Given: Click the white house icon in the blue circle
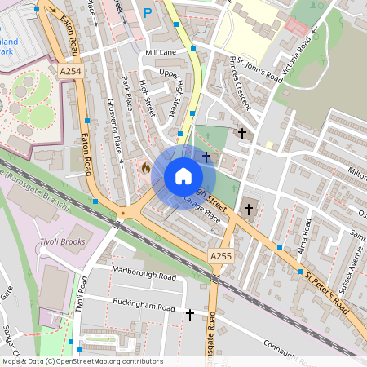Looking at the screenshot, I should (x=183, y=176).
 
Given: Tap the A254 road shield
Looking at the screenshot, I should (x=71, y=73).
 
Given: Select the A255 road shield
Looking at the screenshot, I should (x=220, y=256).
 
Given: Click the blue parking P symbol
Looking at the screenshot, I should (x=148, y=12).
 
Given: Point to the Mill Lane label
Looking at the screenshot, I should (x=161, y=52).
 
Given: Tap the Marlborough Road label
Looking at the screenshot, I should (x=144, y=277).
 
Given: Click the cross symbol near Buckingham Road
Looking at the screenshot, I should (x=191, y=314).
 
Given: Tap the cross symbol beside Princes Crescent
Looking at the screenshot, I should (x=241, y=132).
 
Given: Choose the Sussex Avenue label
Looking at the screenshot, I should (x=353, y=261).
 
